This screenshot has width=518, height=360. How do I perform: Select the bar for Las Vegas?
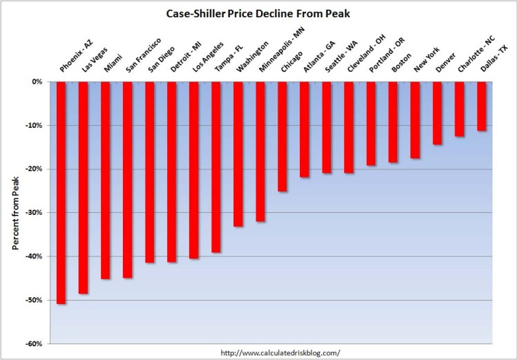tap(84, 187)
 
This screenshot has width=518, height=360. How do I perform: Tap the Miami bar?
tap(106, 180)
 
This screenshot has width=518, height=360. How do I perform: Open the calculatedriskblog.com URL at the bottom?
tap(280, 352)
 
